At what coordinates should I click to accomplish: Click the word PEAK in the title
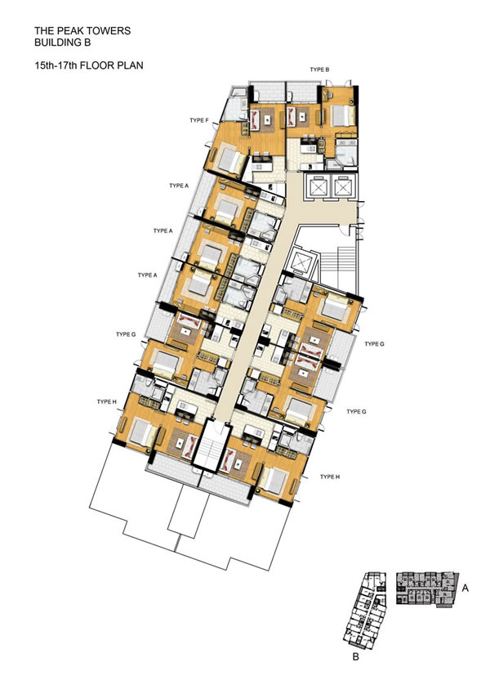66,31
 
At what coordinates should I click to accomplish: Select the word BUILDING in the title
56,43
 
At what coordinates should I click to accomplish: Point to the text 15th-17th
56,65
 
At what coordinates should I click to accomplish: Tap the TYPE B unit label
319,69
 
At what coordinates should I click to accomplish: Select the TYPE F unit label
199,120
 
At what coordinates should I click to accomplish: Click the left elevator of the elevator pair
318,187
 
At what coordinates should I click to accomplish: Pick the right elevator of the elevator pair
343,187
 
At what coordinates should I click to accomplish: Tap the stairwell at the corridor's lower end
210,448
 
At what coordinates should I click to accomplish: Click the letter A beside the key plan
465,589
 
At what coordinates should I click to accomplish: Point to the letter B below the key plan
356,657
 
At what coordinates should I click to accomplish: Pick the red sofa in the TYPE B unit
291,116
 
